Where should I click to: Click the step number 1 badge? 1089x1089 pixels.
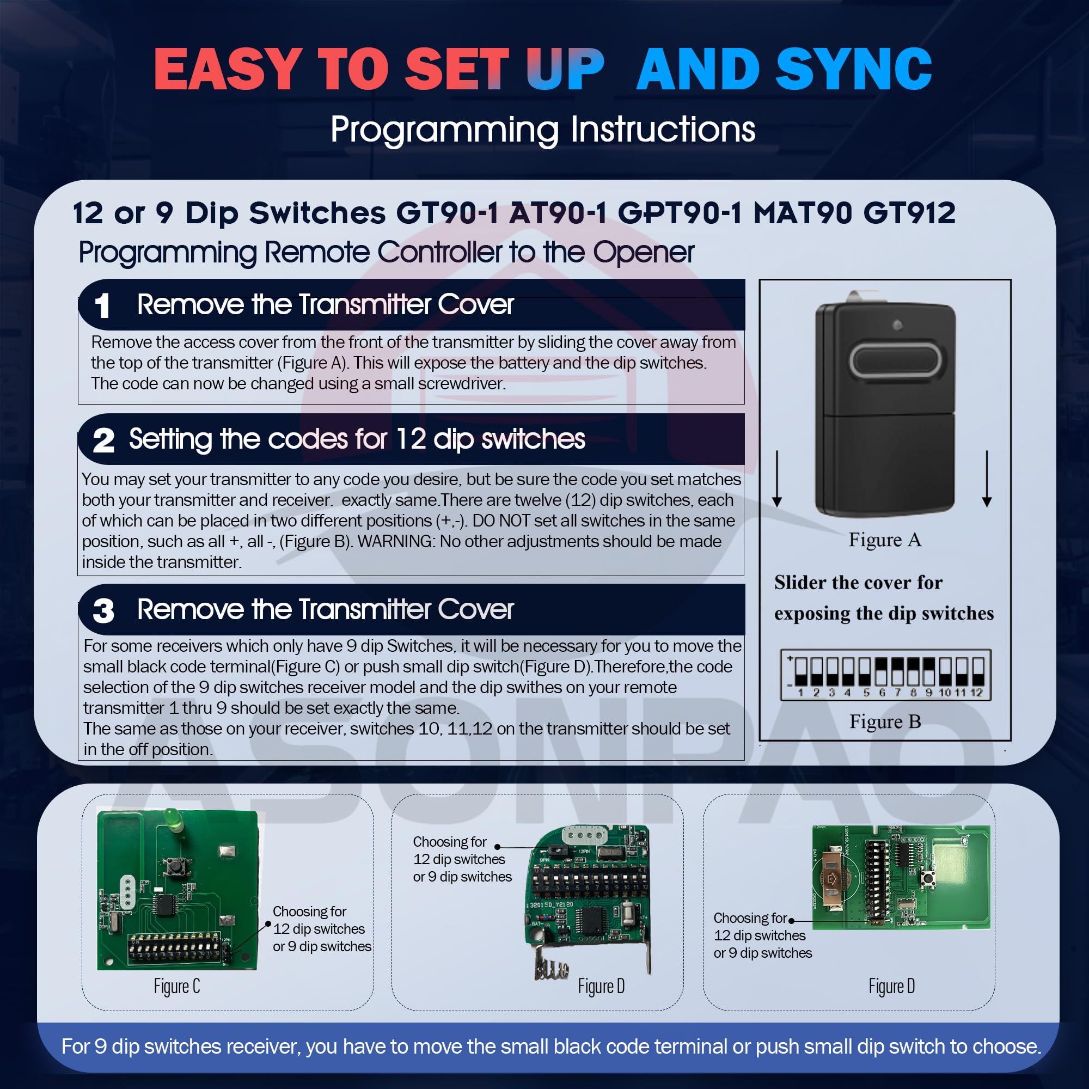tap(102, 305)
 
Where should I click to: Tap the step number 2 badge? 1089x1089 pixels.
tap(103, 440)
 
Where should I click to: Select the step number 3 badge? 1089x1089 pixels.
tap(103, 610)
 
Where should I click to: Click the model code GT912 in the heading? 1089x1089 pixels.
tap(909, 213)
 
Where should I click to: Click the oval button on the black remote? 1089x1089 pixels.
tap(895, 362)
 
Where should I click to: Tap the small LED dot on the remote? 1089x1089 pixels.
tap(897, 325)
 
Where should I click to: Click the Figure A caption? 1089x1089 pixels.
tap(884, 540)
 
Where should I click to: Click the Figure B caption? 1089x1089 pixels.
tap(884, 721)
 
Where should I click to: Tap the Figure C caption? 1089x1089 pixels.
tap(176, 987)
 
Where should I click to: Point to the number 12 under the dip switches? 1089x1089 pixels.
tap(976, 692)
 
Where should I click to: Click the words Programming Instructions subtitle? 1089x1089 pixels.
tap(542, 129)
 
